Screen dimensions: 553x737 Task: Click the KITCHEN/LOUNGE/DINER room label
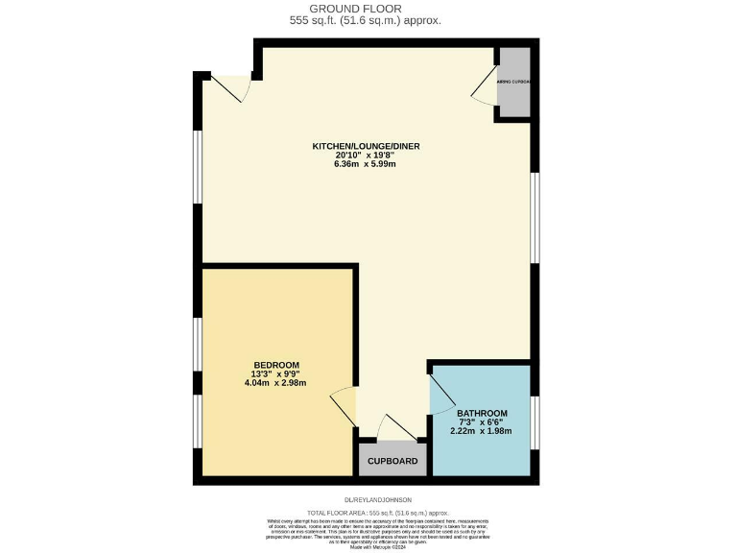click(x=366, y=146)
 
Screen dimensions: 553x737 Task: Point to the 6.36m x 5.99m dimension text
click(x=366, y=164)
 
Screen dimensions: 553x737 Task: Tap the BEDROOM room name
click(x=275, y=365)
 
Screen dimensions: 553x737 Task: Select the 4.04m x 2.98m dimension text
click(x=275, y=383)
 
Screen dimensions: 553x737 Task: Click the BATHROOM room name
click(x=482, y=414)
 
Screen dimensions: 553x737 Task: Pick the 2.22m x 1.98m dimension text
click(x=482, y=431)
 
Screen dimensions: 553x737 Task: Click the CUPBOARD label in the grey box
click(x=393, y=462)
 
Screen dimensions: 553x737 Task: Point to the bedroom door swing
click(x=344, y=401)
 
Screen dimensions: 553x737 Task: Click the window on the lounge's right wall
click(x=535, y=216)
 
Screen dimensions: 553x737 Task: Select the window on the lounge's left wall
click(x=197, y=166)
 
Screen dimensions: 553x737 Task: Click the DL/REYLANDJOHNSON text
click(x=377, y=499)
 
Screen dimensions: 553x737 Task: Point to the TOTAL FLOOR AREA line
click(x=368, y=514)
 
